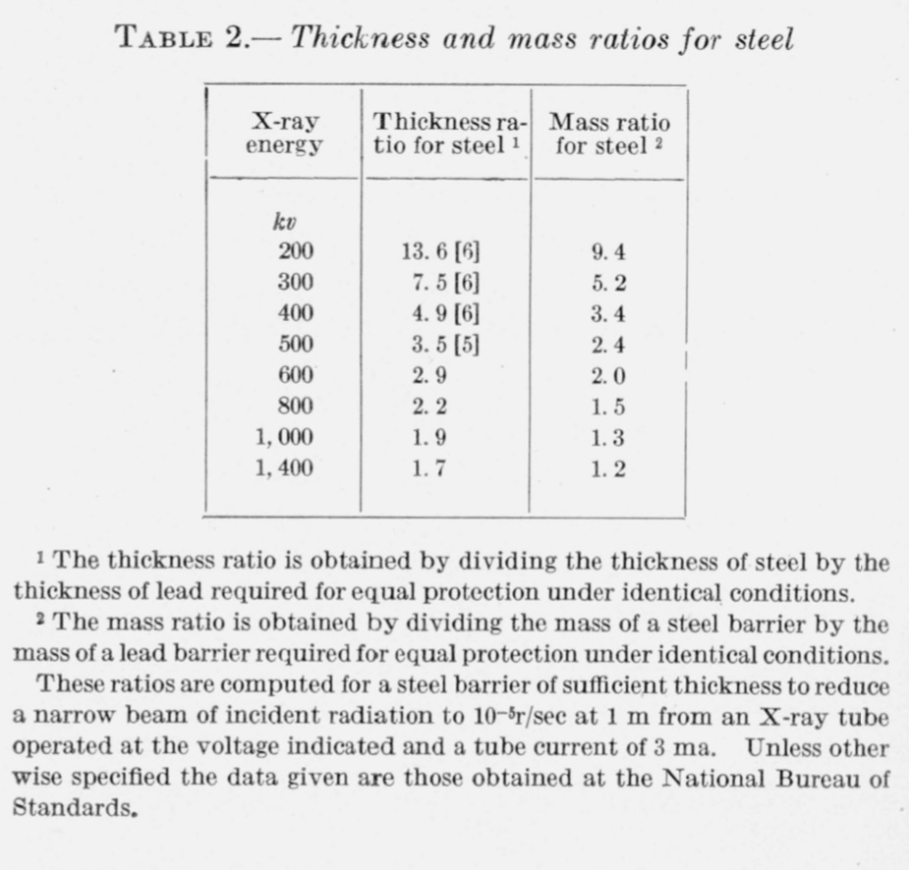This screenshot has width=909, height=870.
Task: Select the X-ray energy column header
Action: (x=286, y=135)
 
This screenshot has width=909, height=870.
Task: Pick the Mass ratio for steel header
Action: (x=609, y=135)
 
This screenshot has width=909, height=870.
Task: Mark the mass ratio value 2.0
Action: (x=609, y=376)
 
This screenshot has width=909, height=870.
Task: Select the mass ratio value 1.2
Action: (x=609, y=468)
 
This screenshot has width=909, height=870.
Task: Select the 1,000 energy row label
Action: (x=285, y=437)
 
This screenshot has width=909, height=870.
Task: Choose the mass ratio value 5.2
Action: (x=609, y=284)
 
